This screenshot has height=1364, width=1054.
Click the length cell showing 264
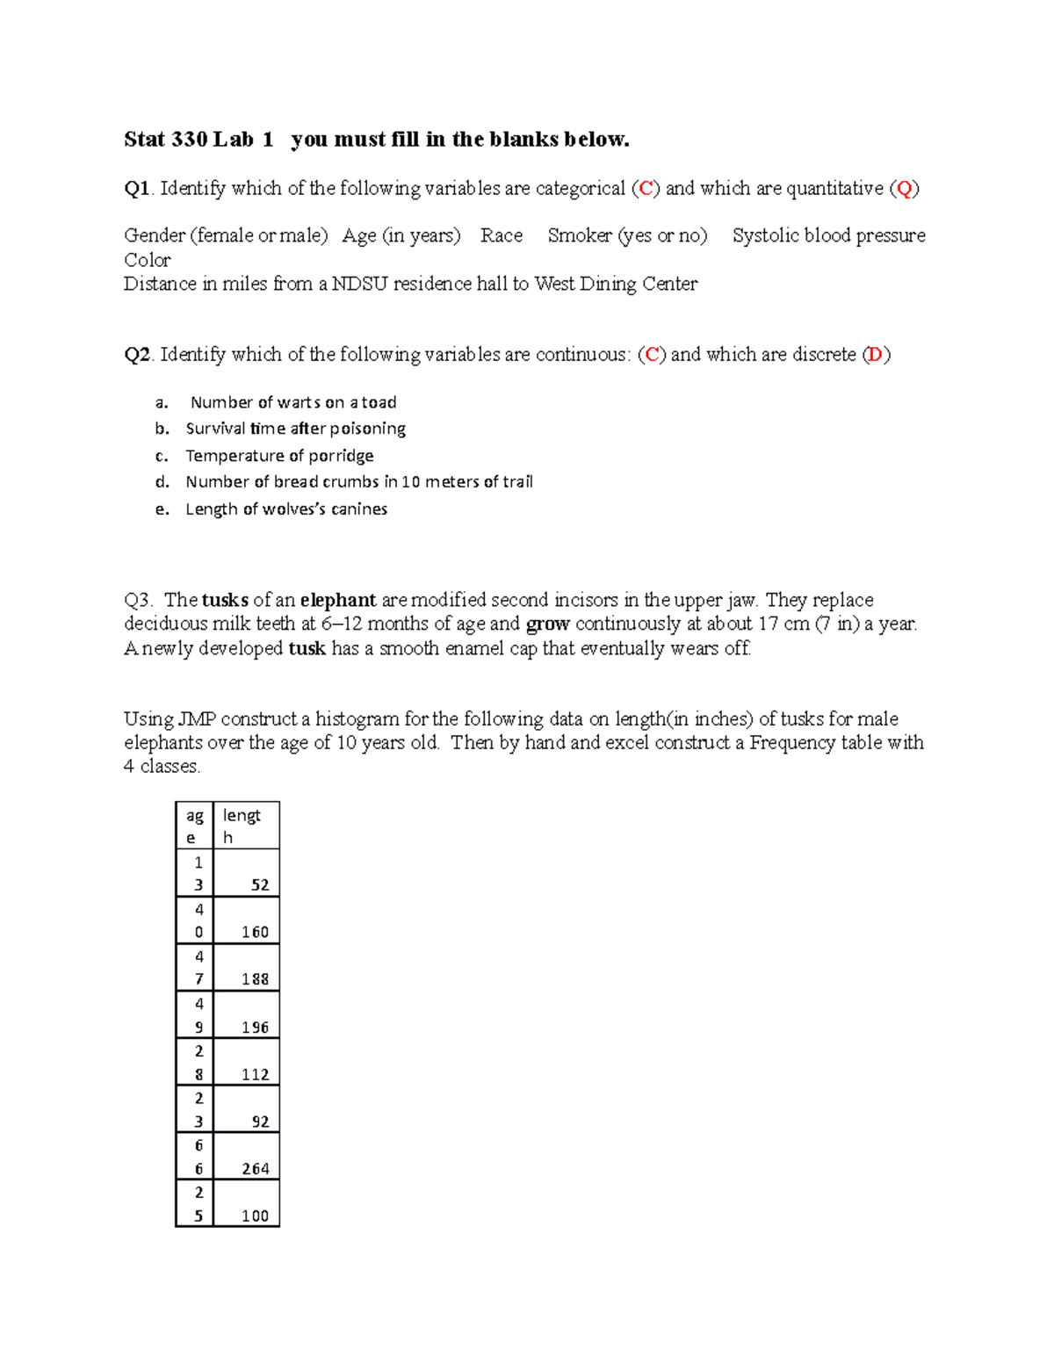[x=256, y=1169]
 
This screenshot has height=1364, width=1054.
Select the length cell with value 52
[x=260, y=885]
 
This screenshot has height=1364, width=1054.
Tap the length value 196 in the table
[x=256, y=1028]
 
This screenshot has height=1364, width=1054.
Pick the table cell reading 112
[x=256, y=1075]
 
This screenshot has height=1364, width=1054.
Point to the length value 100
[x=256, y=1216]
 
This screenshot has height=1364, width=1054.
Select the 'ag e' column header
[x=194, y=826]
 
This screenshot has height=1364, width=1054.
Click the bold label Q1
[x=137, y=189]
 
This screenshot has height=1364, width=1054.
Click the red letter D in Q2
[x=875, y=355]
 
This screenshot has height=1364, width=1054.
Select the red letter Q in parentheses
[x=905, y=189]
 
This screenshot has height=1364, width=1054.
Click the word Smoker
[x=580, y=235]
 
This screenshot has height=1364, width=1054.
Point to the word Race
[x=502, y=235]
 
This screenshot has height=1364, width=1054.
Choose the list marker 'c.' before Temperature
[x=162, y=456]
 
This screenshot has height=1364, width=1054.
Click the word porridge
[x=341, y=456]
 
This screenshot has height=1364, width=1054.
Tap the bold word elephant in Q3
[x=338, y=601]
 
